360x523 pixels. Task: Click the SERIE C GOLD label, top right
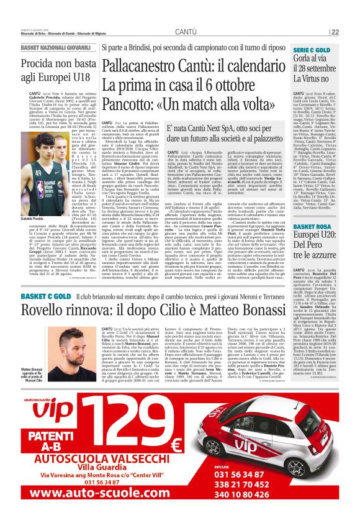(312, 50)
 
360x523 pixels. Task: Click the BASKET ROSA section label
(312, 227)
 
